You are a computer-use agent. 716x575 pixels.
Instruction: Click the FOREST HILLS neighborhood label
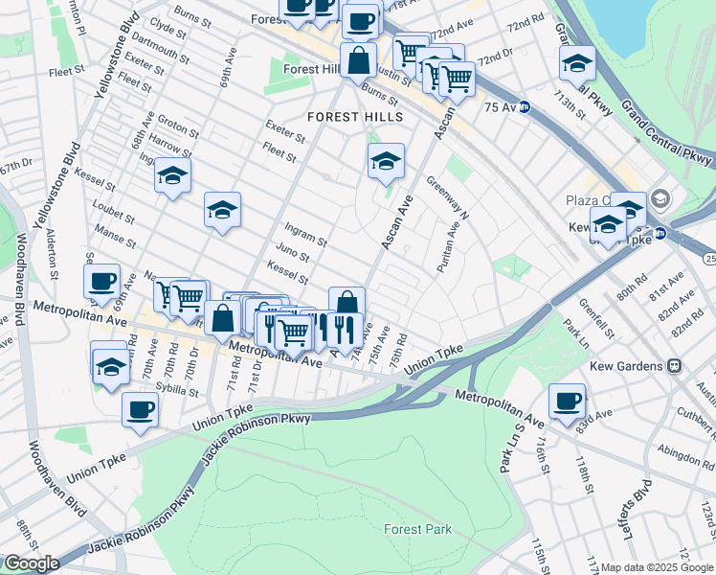[x=355, y=116]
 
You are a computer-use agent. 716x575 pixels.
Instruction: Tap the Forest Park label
[x=416, y=528]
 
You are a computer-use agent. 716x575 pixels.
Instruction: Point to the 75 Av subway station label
[x=507, y=106]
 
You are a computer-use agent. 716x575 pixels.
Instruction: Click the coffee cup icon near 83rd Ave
[x=568, y=400]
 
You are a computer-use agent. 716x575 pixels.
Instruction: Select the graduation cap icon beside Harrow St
[x=172, y=174]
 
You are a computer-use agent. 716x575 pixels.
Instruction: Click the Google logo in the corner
[x=32, y=563]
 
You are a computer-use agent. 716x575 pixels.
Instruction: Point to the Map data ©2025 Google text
[x=657, y=567]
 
